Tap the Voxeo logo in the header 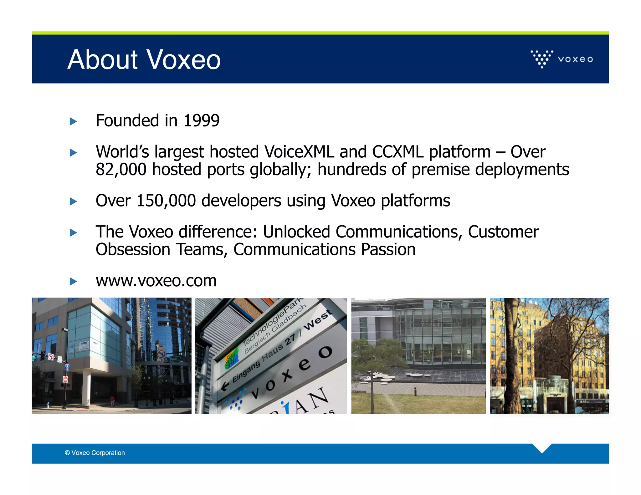point(562,59)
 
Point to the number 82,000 point(121,170)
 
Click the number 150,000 point(166,201)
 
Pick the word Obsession point(133,250)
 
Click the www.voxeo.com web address point(156,281)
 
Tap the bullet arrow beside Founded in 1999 point(73,121)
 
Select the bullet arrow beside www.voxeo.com point(73,281)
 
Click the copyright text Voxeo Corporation point(95,453)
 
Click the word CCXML point(397,152)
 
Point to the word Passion point(388,250)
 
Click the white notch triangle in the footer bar point(542,448)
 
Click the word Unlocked point(296,232)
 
